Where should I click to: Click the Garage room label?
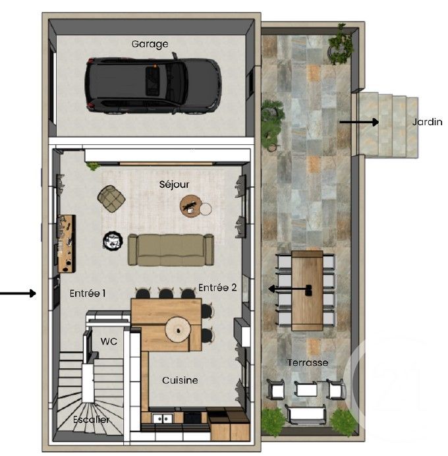coord(150,44)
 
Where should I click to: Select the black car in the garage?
coord(152,84)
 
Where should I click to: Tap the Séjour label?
coord(174,185)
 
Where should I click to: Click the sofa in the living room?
coord(171,249)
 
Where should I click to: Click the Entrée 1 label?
coord(88,293)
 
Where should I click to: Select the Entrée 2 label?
coord(217,287)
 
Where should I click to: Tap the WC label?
coord(109,341)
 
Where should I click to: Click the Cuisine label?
coord(180,380)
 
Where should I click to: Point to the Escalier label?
coord(92,419)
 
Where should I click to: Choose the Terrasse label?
coord(307,362)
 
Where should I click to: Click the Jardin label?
coord(428,122)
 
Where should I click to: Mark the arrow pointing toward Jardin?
coord(359,122)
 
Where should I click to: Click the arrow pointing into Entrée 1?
coord(18,293)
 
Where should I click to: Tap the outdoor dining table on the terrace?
coord(307,290)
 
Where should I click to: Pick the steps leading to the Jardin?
coord(389,125)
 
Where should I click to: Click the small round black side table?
coord(113,241)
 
